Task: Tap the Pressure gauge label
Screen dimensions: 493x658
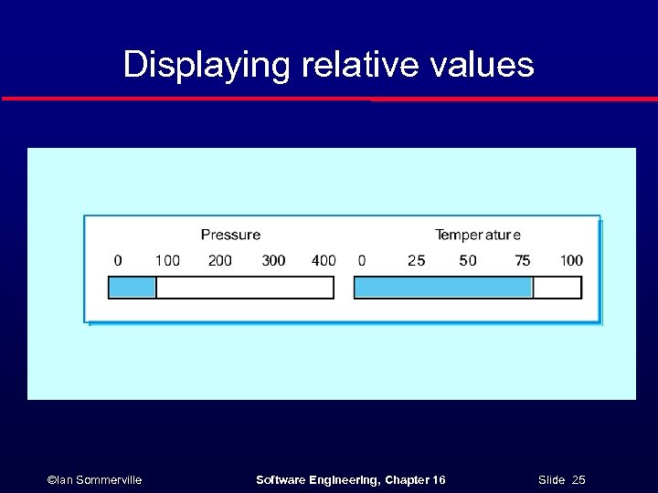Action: [x=230, y=236]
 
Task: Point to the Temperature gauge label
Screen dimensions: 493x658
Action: [x=478, y=236]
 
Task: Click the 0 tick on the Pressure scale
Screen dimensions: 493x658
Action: [x=118, y=261]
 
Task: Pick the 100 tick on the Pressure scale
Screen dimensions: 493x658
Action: [x=167, y=261]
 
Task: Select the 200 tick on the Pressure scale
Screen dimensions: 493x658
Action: [x=220, y=261]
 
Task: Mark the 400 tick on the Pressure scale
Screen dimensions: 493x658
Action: [x=324, y=261]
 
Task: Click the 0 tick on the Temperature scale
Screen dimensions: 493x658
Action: [x=362, y=261]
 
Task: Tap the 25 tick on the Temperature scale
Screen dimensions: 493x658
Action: [x=417, y=261]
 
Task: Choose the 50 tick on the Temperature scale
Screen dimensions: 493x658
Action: [x=468, y=261]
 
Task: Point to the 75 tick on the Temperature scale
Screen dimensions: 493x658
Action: [x=522, y=261]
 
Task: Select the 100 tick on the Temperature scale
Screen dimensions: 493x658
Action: [x=571, y=261]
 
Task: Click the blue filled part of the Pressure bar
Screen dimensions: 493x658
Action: [x=133, y=288]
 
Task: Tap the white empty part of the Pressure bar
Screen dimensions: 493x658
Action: [x=245, y=288]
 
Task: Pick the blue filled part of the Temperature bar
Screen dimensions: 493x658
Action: [x=443, y=288]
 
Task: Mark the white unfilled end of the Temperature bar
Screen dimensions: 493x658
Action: [x=557, y=288]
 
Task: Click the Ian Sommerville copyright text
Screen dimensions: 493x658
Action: [x=94, y=480]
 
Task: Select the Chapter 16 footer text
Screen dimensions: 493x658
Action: [x=415, y=480]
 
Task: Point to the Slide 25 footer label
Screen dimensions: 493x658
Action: [x=562, y=480]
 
